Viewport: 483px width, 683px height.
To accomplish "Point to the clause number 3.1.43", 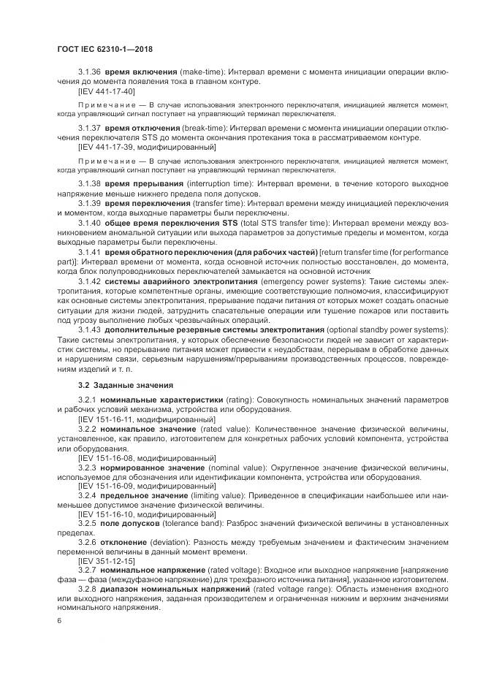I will click(88, 329).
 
